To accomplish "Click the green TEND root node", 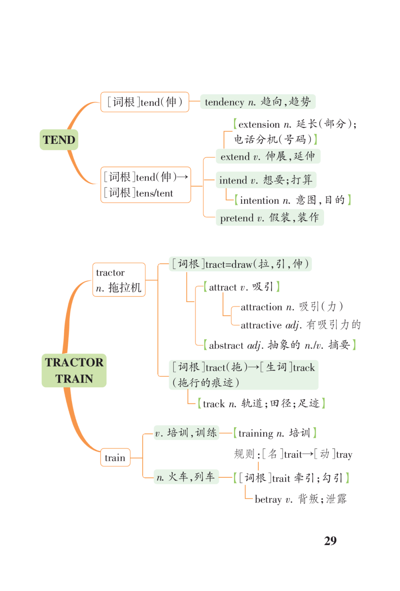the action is pos(59,140).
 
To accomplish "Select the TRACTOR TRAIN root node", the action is pos(74,371).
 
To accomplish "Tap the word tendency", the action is pos(224,102).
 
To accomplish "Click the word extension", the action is pos(259,124).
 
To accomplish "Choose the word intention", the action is pos(260,200).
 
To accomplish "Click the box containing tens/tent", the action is pos(146,185).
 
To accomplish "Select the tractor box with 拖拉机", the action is pos(119,280).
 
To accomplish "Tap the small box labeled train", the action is pos(115,457).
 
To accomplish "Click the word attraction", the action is pos(261,307).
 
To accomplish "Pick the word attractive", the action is pos(261,325).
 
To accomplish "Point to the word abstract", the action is pos(226,345).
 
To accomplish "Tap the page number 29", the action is pos(330,541).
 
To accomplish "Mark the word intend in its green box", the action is pos(233,180).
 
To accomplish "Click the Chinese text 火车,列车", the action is pos(191,477).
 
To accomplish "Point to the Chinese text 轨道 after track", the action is pos(252,403).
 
